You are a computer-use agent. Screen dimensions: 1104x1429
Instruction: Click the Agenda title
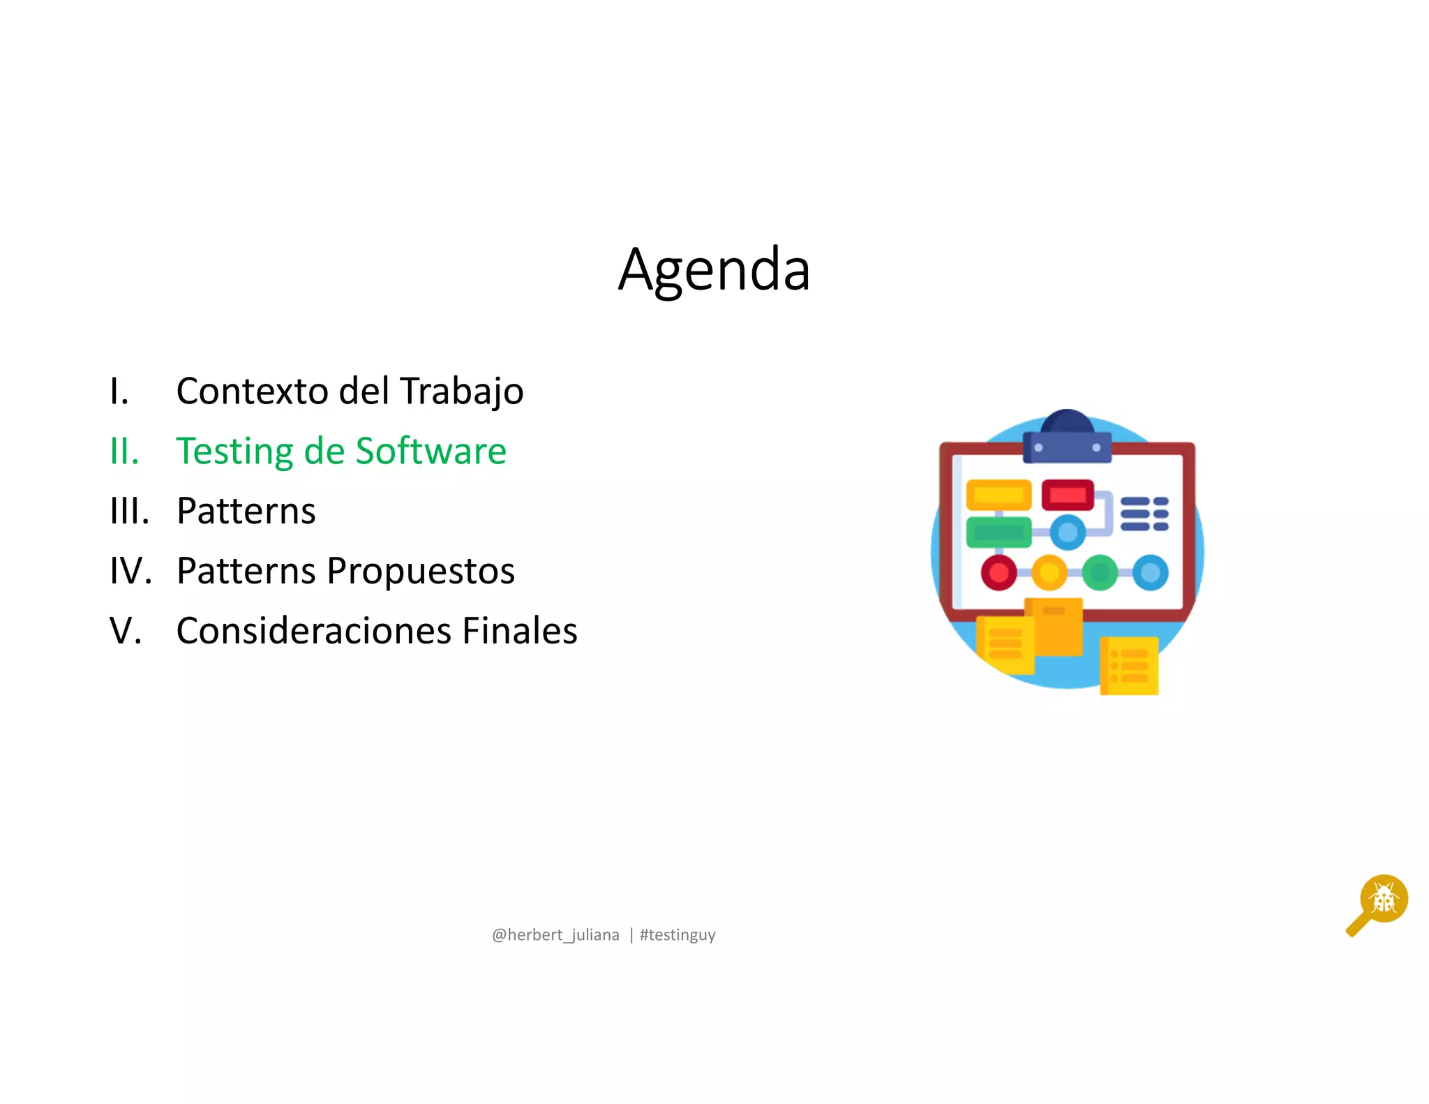pyautogui.click(x=714, y=270)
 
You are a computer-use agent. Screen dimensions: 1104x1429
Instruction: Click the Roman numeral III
pyautogui.click(x=129, y=512)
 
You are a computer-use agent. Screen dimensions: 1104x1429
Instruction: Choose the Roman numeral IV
pyautogui.click(x=130, y=572)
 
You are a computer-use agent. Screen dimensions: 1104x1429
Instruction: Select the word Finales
pyautogui.click(x=520, y=632)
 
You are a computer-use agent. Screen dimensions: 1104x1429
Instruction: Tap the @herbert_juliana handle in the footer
pyautogui.click(x=555, y=935)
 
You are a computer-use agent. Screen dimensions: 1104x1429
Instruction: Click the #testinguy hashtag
pyautogui.click(x=678, y=935)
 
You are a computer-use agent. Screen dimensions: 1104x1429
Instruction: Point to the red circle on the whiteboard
pyautogui.click(x=998, y=573)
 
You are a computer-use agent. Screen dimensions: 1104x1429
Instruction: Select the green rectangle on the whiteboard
pyautogui.click(x=998, y=532)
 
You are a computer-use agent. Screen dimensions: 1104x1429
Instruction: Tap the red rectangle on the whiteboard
pyautogui.click(x=1068, y=495)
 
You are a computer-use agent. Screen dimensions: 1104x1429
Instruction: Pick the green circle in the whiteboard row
pyautogui.click(x=1100, y=573)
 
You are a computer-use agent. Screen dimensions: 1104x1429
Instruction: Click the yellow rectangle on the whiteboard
pyautogui.click(x=998, y=495)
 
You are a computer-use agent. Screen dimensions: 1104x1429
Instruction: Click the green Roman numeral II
pyautogui.click(x=124, y=452)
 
